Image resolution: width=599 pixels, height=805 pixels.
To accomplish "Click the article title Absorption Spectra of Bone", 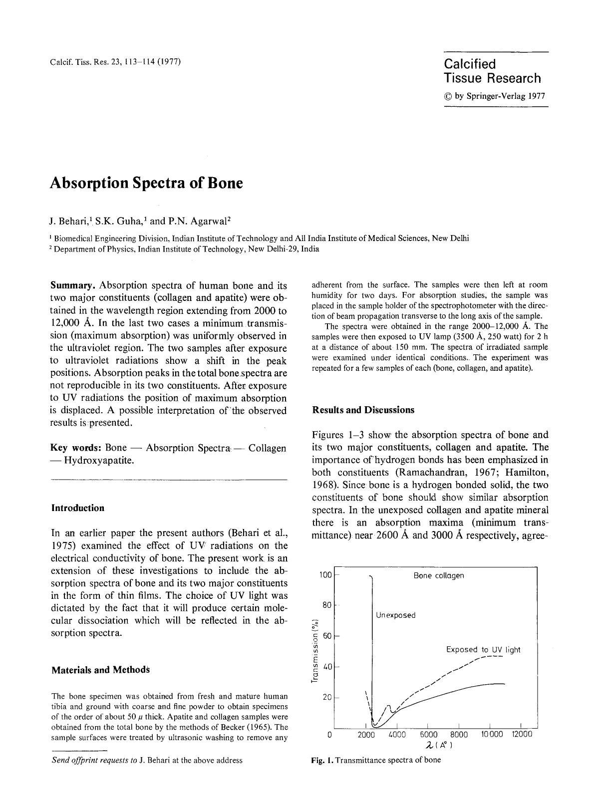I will pyautogui.click(x=146, y=183).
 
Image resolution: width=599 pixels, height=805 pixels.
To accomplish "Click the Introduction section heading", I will pyautogui.click(x=78, y=508).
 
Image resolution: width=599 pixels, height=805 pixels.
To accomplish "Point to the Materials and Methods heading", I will pyautogui.click(x=100, y=670).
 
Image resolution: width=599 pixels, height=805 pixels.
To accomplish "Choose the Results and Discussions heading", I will pyautogui.click(x=363, y=410).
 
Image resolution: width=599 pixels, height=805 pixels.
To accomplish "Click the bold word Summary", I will pyautogui.click(x=73, y=285).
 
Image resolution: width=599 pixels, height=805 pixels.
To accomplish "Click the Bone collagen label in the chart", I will pyautogui.click(x=439, y=575).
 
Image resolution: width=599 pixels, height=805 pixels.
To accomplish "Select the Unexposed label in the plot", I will pyautogui.click(x=395, y=615).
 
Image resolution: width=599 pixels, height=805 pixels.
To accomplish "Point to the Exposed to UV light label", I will pyautogui.click(x=483, y=650).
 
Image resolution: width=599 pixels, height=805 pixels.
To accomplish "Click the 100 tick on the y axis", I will pyautogui.click(x=325, y=575).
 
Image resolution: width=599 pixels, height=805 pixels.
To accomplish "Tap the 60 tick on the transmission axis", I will pyautogui.click(x=327, y=636).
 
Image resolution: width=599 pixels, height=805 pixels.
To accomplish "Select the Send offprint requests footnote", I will pyautogui.click(x=147, y=760).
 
